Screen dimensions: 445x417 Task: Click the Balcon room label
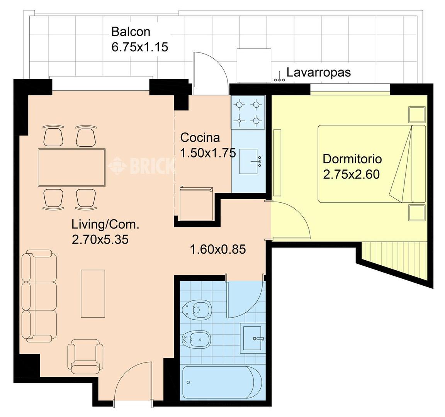[131, 32]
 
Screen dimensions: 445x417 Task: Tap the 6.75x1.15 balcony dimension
[139, 47]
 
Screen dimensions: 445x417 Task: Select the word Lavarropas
[318, 72]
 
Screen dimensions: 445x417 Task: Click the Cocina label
[200, 137]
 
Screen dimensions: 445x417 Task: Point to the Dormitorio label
[352, 159]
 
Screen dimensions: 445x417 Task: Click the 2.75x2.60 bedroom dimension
[352, 174]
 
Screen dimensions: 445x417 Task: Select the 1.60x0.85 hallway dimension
[218, 250]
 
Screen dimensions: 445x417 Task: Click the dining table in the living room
[71, 167]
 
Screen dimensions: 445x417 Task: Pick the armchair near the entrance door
[85, 357]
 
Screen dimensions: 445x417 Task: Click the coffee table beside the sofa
[93, 293]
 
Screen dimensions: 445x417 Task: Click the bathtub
[222, 382]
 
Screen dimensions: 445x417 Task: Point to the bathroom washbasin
[252, 338]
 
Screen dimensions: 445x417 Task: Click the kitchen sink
[249, 161]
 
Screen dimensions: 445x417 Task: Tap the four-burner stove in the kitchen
[248, 113]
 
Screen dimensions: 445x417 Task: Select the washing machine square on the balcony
[254, 66]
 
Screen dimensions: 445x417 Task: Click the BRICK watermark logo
[141, 165]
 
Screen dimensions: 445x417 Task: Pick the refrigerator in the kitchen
[196, 204]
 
